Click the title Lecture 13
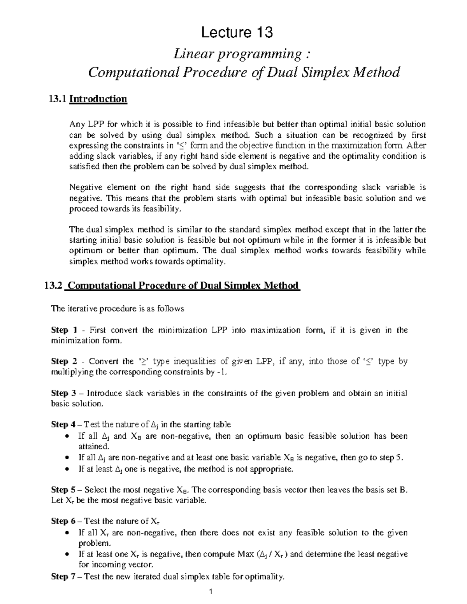[236, 33]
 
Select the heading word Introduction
[98, 99]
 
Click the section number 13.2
[53, 286]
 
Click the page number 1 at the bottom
[211, 592]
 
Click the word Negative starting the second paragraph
[84, 187]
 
